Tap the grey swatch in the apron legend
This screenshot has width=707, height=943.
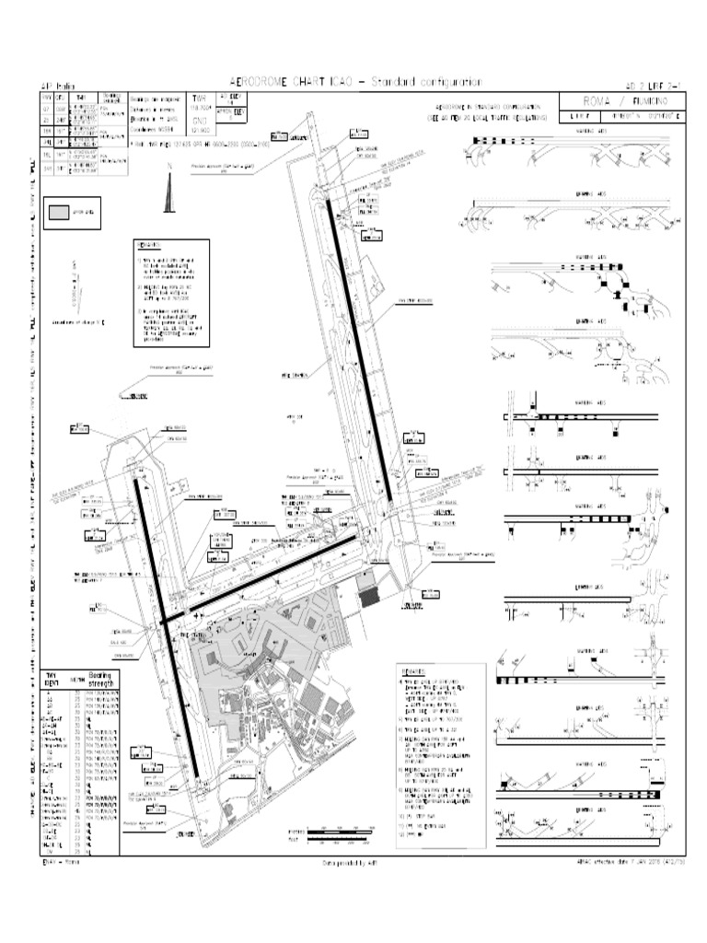58,213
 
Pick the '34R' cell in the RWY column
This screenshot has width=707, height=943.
47,169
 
